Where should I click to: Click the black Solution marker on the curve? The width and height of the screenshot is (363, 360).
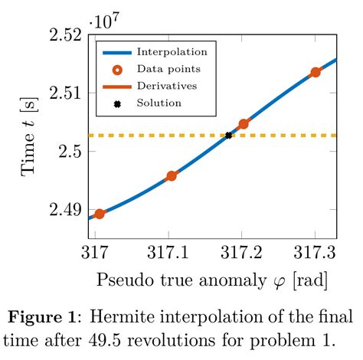point(228,136)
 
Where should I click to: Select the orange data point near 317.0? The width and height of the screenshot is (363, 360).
point(99,214)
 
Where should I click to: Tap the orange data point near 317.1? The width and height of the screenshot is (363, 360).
point(172,175)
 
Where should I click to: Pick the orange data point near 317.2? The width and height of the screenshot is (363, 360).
point(244,123)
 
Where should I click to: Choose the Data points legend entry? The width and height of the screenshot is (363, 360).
point(164,70)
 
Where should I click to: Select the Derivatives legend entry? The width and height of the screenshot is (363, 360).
point(166,86)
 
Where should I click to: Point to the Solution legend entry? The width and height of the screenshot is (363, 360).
point(159,103)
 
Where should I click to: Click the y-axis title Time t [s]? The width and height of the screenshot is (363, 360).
point(30,137)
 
